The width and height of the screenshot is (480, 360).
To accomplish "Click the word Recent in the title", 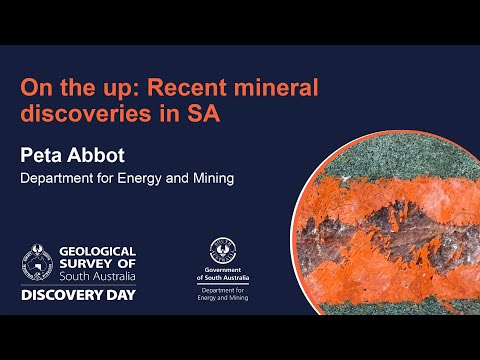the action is [x=186, y=87].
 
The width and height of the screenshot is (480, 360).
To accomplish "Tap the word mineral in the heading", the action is [x=276, y=87].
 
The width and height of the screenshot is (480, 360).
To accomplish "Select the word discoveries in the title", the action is [x=86, y=113].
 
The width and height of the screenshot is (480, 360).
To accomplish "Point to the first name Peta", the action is [x=41, y=155].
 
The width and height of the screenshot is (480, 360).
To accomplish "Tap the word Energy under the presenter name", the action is [x=139, y=179].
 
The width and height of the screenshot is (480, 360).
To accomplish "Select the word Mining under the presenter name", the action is [x=214, y=178].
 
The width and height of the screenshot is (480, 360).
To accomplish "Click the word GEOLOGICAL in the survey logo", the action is [x=98, y=251].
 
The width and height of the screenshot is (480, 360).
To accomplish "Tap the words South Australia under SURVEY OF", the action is [x=98, y=276].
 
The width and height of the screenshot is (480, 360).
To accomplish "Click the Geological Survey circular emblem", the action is [x=37, y=262].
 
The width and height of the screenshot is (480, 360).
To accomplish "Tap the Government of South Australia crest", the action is [x=223, y=250].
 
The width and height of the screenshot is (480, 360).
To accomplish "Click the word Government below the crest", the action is [x=223, y=270].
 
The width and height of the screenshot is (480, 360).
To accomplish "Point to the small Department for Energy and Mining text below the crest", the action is [x=223, y=294].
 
